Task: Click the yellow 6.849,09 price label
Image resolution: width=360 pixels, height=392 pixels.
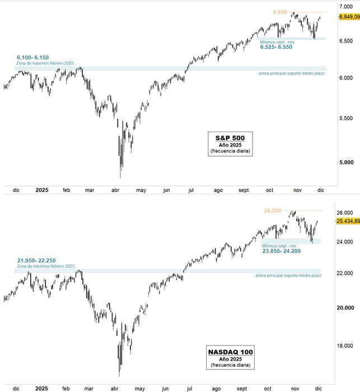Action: [x=348, y=17]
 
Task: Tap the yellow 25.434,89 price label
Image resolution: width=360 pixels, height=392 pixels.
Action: [x=348, y=221]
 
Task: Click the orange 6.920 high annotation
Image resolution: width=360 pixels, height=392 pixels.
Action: [x=280, y=12]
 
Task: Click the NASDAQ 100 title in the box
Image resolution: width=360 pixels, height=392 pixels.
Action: [x=230, y=352]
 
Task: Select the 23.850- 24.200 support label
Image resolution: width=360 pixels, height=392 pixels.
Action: [x=281, y=251]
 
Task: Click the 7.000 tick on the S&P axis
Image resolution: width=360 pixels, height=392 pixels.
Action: [x=345, y=6]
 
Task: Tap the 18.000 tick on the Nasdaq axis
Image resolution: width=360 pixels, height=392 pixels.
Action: [x=348, y=346]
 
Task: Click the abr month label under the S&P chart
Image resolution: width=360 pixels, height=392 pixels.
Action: [x=116, y=190]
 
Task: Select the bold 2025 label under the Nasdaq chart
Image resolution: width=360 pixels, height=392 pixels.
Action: [x=41, y=388]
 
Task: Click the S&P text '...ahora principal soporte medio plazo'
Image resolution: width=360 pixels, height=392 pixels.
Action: [x=290, y=73]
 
